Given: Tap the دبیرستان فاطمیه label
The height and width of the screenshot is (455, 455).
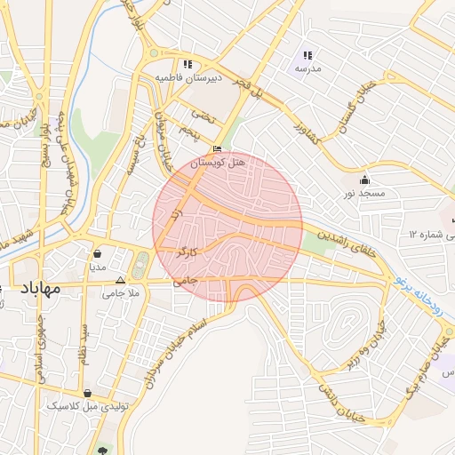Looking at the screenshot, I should [187, 78].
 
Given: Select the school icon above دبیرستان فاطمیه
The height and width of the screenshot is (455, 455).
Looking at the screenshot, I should [187, 64].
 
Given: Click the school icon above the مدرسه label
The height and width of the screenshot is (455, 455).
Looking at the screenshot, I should [308, 55].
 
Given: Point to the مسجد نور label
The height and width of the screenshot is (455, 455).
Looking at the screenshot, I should [362, 193].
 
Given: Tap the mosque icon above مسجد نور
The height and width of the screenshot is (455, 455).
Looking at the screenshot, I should [364, 180].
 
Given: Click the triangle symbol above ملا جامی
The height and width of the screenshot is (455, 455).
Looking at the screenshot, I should [121, 279].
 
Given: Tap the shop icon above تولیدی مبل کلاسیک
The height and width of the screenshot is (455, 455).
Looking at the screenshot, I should [87, 393].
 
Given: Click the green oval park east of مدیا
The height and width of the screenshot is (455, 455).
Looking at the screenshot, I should [140, 265].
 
